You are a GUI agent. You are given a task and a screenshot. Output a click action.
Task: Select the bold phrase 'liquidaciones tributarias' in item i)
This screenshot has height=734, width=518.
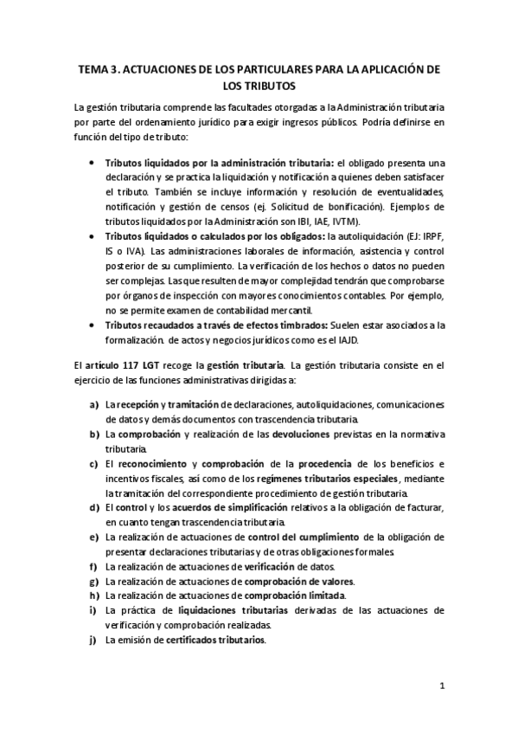click(221, 610)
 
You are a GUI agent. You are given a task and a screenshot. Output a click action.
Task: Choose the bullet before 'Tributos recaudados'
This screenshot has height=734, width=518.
click(93, 325)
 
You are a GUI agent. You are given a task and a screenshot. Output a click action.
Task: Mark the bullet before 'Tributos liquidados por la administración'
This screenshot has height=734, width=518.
click(93, 162)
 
